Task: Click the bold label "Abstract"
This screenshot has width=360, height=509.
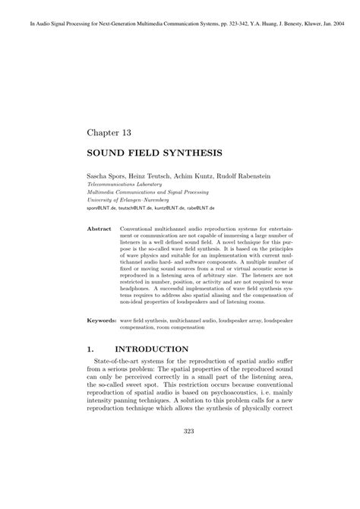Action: click(x=100, y=228)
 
